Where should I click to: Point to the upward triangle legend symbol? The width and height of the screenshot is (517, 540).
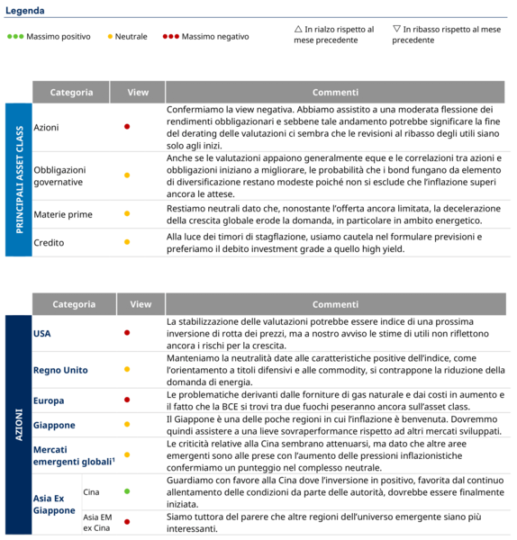click(x=298, y=29)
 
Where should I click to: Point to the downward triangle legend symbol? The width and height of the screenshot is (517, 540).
click(x=396, y=29)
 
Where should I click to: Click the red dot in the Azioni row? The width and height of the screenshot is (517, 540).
click(x=127, y=127)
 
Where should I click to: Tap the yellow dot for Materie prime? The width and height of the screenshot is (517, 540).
click(x=127, y=214)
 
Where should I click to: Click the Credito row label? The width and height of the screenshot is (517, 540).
click(x=49, y=242)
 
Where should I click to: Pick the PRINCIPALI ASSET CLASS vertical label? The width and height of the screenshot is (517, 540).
click(x=18, y=180)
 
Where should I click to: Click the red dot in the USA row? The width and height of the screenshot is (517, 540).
click(x=127, y=333)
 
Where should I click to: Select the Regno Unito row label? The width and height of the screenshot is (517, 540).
click(x=60, y=370)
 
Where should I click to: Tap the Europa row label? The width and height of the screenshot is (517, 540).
click(x=49, y=400)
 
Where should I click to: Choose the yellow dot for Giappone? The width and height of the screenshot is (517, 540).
click(x=127, y=425)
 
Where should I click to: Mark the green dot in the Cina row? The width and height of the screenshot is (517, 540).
click(x=127, y=491)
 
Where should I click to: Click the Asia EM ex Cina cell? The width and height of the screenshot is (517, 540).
click(x=98, y=522)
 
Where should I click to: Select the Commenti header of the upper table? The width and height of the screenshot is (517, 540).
click(x=336, y=92)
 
